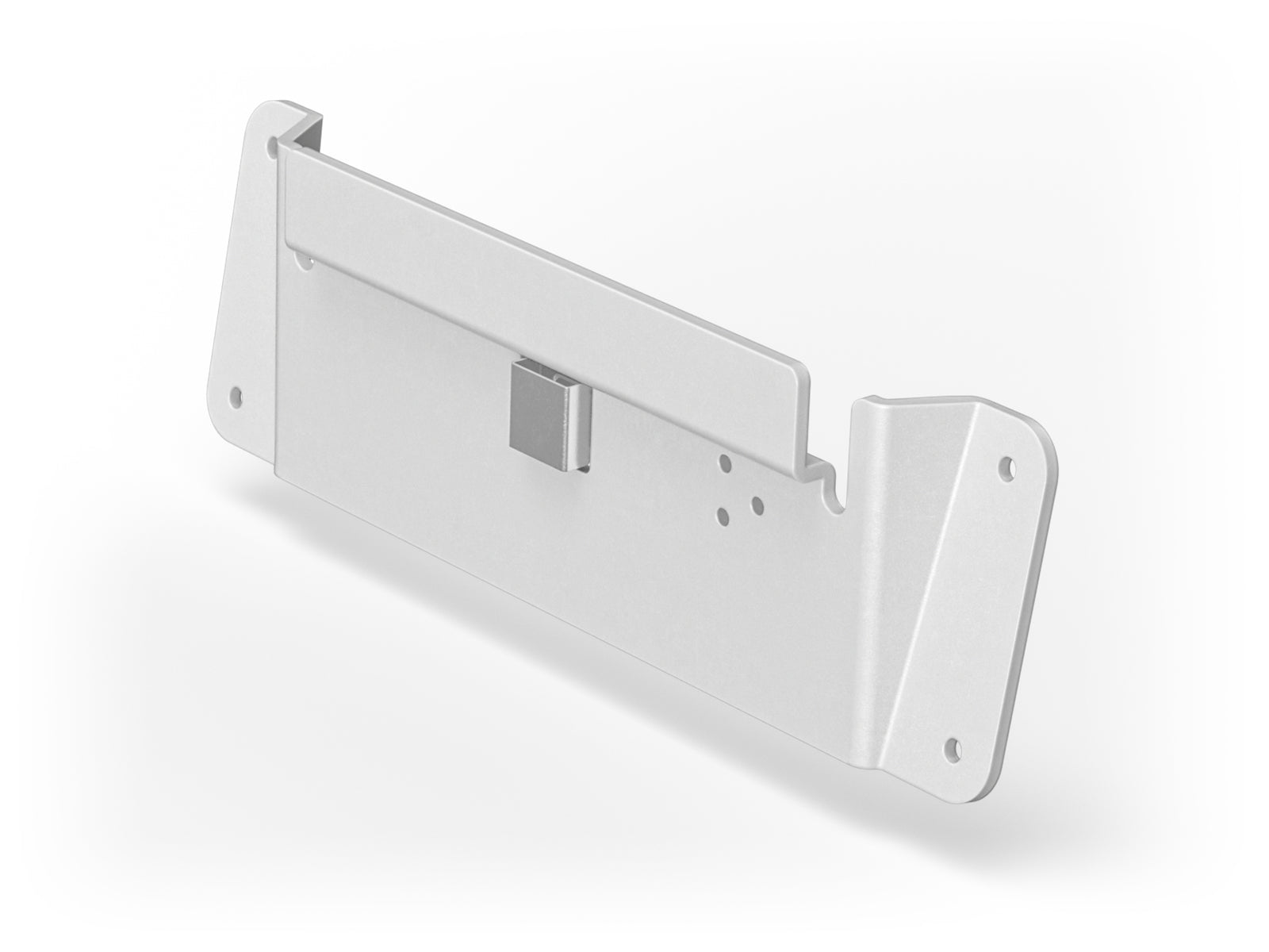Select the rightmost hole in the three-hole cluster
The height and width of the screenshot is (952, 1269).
756,503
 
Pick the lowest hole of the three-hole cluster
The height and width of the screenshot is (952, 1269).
723,516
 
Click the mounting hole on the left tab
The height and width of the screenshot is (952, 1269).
235,393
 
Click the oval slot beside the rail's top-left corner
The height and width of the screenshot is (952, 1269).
274,146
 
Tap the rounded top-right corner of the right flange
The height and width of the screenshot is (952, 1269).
1043,432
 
